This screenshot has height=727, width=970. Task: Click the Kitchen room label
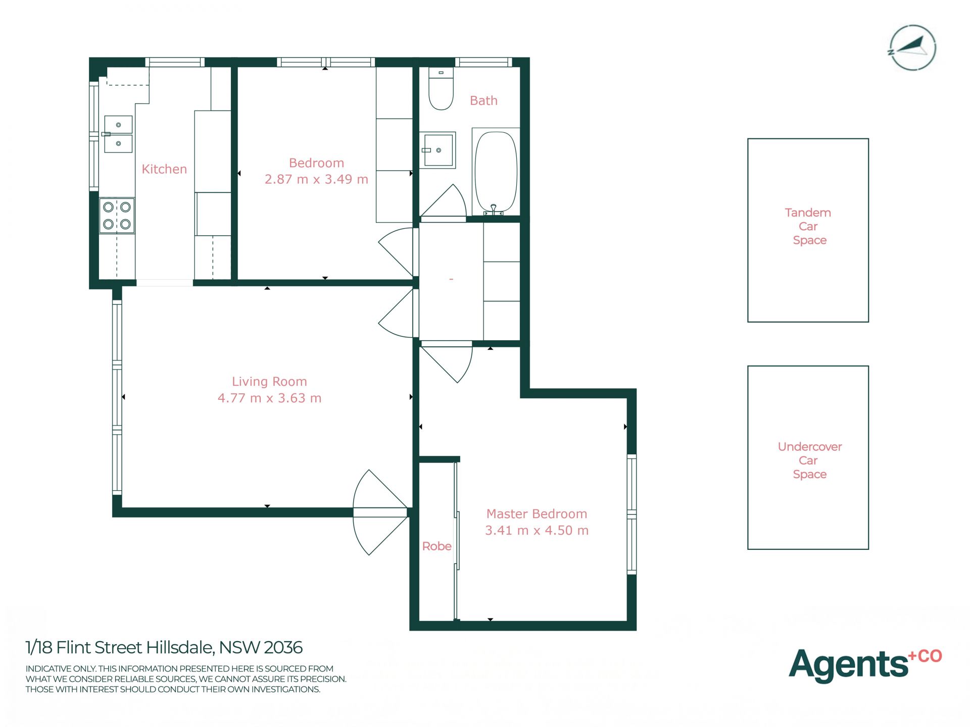(164, 169)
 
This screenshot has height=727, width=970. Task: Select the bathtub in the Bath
(496, 172)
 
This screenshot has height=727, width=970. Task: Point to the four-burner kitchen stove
(117, 216)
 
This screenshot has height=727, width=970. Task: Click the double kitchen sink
(118, 134)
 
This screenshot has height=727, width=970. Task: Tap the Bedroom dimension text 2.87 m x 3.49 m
(316, 179)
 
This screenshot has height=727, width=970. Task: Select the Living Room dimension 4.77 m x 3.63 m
(269, 398)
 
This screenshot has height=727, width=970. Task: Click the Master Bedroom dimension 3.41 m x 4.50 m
(537, 531)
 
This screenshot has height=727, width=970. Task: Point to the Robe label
(437, 546)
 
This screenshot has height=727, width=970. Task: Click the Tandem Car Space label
(808, 226)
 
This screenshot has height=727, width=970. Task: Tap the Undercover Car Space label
(810, 460)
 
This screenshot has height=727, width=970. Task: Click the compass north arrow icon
(912, 48)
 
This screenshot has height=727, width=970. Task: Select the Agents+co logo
(865, 665)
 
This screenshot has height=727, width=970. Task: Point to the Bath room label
(483, 101)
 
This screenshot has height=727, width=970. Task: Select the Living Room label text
(269, 382)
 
